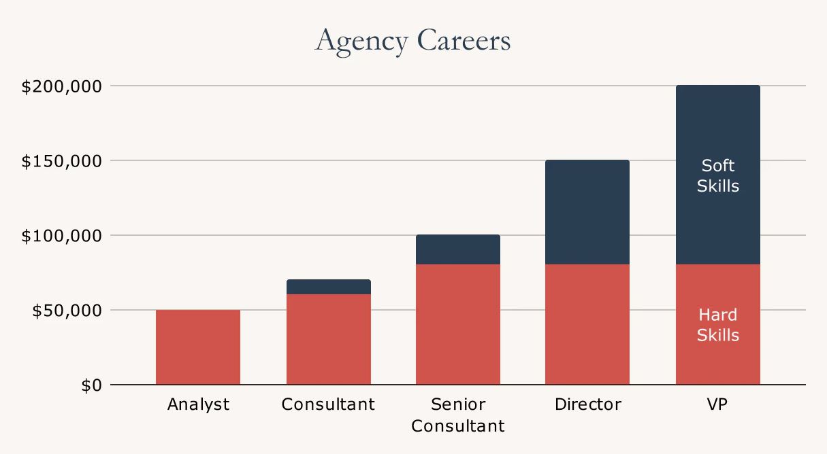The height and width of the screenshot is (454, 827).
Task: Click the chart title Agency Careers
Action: point(412,41)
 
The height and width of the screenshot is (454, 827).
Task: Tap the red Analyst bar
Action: point(198,347)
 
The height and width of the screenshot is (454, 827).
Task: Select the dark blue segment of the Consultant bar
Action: point(328,287)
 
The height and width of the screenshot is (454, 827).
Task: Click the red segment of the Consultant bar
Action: point(328,339)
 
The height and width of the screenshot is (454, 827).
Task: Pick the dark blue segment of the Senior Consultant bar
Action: point(458,249)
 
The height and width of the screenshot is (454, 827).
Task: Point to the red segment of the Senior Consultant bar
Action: point(458,324)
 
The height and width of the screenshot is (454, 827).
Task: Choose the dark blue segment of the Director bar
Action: point(587,212)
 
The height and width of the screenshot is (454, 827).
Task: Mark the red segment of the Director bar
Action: point(587,324)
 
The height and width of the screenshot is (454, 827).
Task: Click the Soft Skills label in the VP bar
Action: point(717,175)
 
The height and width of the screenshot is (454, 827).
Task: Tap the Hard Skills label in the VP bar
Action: point(717,325)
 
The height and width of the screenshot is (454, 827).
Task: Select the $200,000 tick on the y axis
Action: point(62,87)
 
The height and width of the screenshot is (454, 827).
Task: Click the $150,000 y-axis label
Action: point(62,162)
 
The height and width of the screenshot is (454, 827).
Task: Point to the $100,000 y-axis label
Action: point(62,237)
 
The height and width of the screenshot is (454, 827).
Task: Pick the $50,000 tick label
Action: point(66,311)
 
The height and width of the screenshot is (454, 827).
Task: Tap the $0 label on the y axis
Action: point(91,386)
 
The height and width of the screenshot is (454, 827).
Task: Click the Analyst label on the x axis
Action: point(198,405)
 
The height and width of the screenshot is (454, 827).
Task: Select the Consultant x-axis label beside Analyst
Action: point(328,405)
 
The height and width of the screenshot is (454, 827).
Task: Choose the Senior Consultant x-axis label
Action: point(458,415)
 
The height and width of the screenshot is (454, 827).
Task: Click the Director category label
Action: point(587,405)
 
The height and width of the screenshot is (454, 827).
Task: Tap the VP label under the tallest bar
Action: point(717,405)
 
